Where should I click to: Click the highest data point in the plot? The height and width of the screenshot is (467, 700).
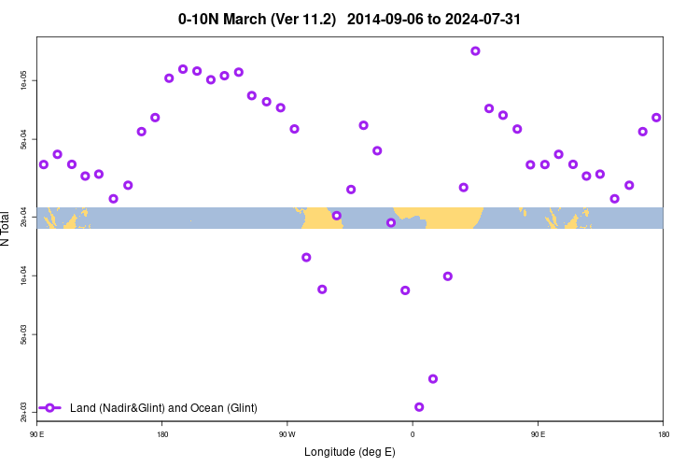click(475, 51)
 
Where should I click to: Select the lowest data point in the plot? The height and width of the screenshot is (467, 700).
click(419, 407)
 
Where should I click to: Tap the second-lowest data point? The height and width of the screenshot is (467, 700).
click(433, 378)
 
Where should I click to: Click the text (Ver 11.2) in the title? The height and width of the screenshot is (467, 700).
click(302, 19)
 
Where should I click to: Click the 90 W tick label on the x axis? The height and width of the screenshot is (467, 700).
click(287, 434)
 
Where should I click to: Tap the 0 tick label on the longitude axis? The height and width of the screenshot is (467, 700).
click(413, 434)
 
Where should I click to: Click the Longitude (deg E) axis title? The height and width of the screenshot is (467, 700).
click(350, 452)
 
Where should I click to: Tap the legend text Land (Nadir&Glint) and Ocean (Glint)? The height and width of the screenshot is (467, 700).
click(163, 408)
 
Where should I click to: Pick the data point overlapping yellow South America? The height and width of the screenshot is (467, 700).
click(337, 216)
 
